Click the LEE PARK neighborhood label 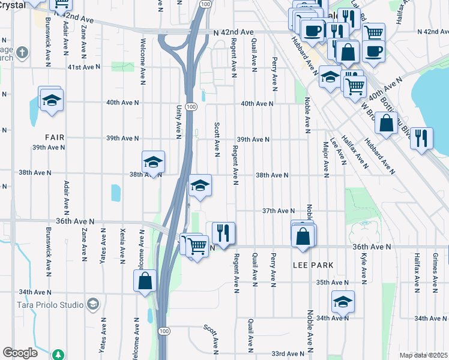pos(313,265)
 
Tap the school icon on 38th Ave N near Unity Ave pos(153,162)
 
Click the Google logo pos(20,353)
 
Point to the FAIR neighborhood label pos(53,137)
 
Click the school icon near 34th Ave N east pos(343,302)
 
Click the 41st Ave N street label pos(83,67)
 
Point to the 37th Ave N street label pos(278,211)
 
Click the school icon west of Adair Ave pos(52,100)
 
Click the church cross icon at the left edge pos(22,52)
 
